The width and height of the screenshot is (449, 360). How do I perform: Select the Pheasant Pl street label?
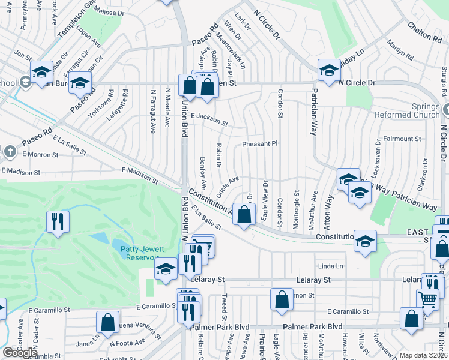coord(260,144)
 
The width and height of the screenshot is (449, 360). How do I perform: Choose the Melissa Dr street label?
coord(108,12)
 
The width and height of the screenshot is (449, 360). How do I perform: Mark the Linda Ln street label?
coord(330,266)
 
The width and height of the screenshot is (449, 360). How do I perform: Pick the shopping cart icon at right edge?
coord(427,297)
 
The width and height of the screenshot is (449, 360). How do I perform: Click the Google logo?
coord(20,353)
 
